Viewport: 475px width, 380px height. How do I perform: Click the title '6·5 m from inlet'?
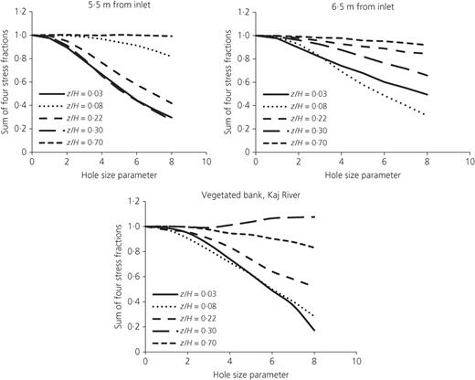click(x=363, y=6)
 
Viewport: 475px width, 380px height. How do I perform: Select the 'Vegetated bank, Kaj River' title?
click(x=250, y=195)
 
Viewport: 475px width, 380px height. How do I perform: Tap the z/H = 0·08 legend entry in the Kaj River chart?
click(x=184, y=306)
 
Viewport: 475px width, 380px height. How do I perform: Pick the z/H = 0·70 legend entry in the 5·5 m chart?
click(x=71, y=142)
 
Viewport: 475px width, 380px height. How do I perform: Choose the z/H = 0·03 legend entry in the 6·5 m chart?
click(x=295, y=94)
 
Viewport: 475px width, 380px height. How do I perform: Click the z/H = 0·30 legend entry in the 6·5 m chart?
click(x=295, y=131)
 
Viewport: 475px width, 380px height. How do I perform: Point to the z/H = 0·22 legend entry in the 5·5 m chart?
click(x=71, y=118)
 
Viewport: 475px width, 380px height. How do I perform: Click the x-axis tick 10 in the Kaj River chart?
click(x=356, y=362)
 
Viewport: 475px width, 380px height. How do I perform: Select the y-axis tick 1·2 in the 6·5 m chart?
click(x=244, y=12)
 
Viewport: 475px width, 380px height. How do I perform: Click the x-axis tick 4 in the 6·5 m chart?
click(x=342, y=162)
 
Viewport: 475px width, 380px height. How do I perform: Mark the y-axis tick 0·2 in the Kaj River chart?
click(x=134, y=327)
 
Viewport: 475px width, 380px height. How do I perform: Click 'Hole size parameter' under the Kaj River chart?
click(x=250, y=375)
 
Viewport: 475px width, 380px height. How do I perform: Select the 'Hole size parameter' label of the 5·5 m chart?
click(x=119, y=175)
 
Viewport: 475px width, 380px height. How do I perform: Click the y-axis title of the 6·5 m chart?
click(x=228, y=82)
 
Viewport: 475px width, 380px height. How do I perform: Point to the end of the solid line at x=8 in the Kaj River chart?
click(x=314, y=331)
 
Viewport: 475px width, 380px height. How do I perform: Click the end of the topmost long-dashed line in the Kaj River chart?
click(x=314, y=216)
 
